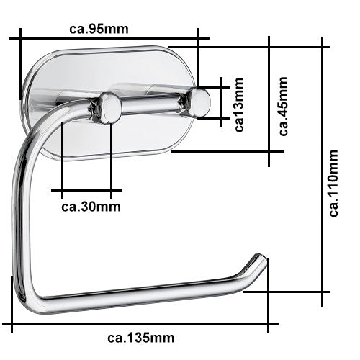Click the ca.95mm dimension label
coord(99,30)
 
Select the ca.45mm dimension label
coord(284,106)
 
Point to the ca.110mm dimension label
coord(333,183)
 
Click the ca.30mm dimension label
coord(91,207)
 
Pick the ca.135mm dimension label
coord(141,337)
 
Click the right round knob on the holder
coord(200,102)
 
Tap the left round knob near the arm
coord(109,108)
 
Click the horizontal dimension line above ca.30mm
coord(86,191)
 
